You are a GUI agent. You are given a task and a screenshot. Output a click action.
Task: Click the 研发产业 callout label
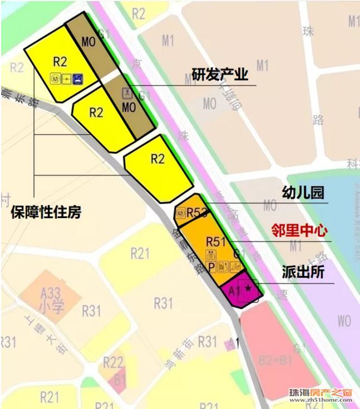point(220,76)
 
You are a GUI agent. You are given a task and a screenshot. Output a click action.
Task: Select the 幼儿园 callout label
point(303,193)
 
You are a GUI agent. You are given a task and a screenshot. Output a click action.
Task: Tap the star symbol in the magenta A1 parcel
point(248,288)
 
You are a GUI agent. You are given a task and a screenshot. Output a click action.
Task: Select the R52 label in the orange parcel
point(197,212)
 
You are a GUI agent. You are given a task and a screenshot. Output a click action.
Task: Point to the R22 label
point(114,363)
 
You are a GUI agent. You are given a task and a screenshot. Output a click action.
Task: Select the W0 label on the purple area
point(344,321)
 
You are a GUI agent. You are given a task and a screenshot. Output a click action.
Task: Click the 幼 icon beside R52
point(180,212)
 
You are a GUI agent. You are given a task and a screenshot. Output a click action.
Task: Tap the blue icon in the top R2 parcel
point(78,78)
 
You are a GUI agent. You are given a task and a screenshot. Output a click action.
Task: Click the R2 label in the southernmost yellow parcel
point(158,159)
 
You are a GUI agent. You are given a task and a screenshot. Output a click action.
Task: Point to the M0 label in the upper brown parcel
point(88,42)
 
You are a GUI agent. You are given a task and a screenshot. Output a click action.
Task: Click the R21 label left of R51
point(140,254)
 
